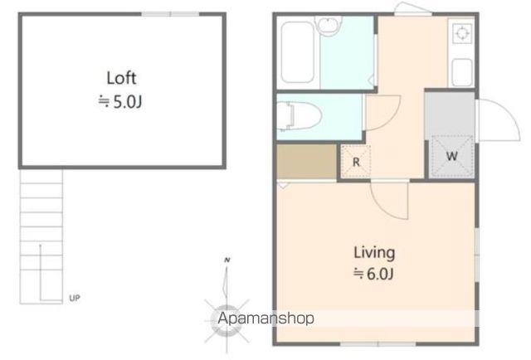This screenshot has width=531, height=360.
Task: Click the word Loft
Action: [121, 78]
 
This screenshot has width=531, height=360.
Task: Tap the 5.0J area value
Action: [127, 101]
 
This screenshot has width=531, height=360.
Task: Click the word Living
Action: [374, 253]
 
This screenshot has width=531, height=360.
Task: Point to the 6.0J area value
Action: [380, 274]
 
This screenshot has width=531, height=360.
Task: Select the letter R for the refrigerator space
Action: [356, 163]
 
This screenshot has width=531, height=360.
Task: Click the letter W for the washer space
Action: [451, 156]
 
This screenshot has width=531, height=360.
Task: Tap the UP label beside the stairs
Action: [75, 298]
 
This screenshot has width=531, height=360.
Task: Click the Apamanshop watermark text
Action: [265, 319]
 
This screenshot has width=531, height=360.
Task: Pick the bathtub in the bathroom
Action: [297, 52]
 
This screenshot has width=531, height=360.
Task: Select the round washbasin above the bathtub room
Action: [328, 25]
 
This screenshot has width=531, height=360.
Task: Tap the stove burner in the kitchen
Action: [461, 33]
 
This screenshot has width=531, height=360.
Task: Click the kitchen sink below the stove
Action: [462, 72]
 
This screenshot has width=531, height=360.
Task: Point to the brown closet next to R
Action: [306, 162]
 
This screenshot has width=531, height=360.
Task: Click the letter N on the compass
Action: [227, 260]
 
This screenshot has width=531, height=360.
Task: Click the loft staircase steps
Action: [41, 236]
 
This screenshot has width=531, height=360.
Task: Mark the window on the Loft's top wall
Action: [170, 14]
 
